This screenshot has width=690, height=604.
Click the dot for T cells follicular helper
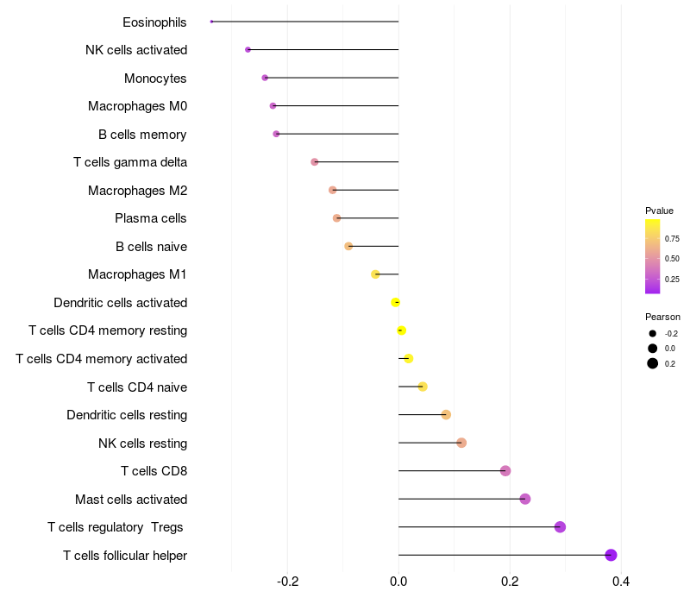pyautogui.click(x=611, y=555)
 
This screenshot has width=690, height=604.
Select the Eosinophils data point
pyautogui.click(x=211, y=22)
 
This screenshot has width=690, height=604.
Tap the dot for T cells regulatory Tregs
pyautogui.click(x=560, y=527)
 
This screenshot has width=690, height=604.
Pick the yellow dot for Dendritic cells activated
pyautogui.click(x=396, y=302)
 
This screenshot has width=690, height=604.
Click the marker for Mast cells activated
pyautogui.click(x=525, y=499)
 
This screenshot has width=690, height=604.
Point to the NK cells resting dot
pyautogui.click(x=461, y=443)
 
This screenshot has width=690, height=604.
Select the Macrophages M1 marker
pyautogui.click(x=375, y=274)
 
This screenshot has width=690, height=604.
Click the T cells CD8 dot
pyautogui.click(x=505, y=471)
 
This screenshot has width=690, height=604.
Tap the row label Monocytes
pyautogui.click(x=155, y=79)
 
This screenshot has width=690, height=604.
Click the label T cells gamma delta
pyautogui.click(x=130, y=162)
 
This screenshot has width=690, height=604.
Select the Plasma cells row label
pyautogui.click(x=151, y=218)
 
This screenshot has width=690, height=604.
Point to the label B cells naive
pyautogui.click(x=151, y=247)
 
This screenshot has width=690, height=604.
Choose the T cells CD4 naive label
pyautogui.click(x=137, y=387)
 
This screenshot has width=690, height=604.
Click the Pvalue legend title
pyautogui.click(x=659, y=211)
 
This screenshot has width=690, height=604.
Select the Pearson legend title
pyautogui.click(x=662, y=317)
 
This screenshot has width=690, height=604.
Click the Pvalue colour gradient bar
pyautogui.click(x=653, y=256)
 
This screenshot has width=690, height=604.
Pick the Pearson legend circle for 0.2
pyautogui.click(x=653, y=363)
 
